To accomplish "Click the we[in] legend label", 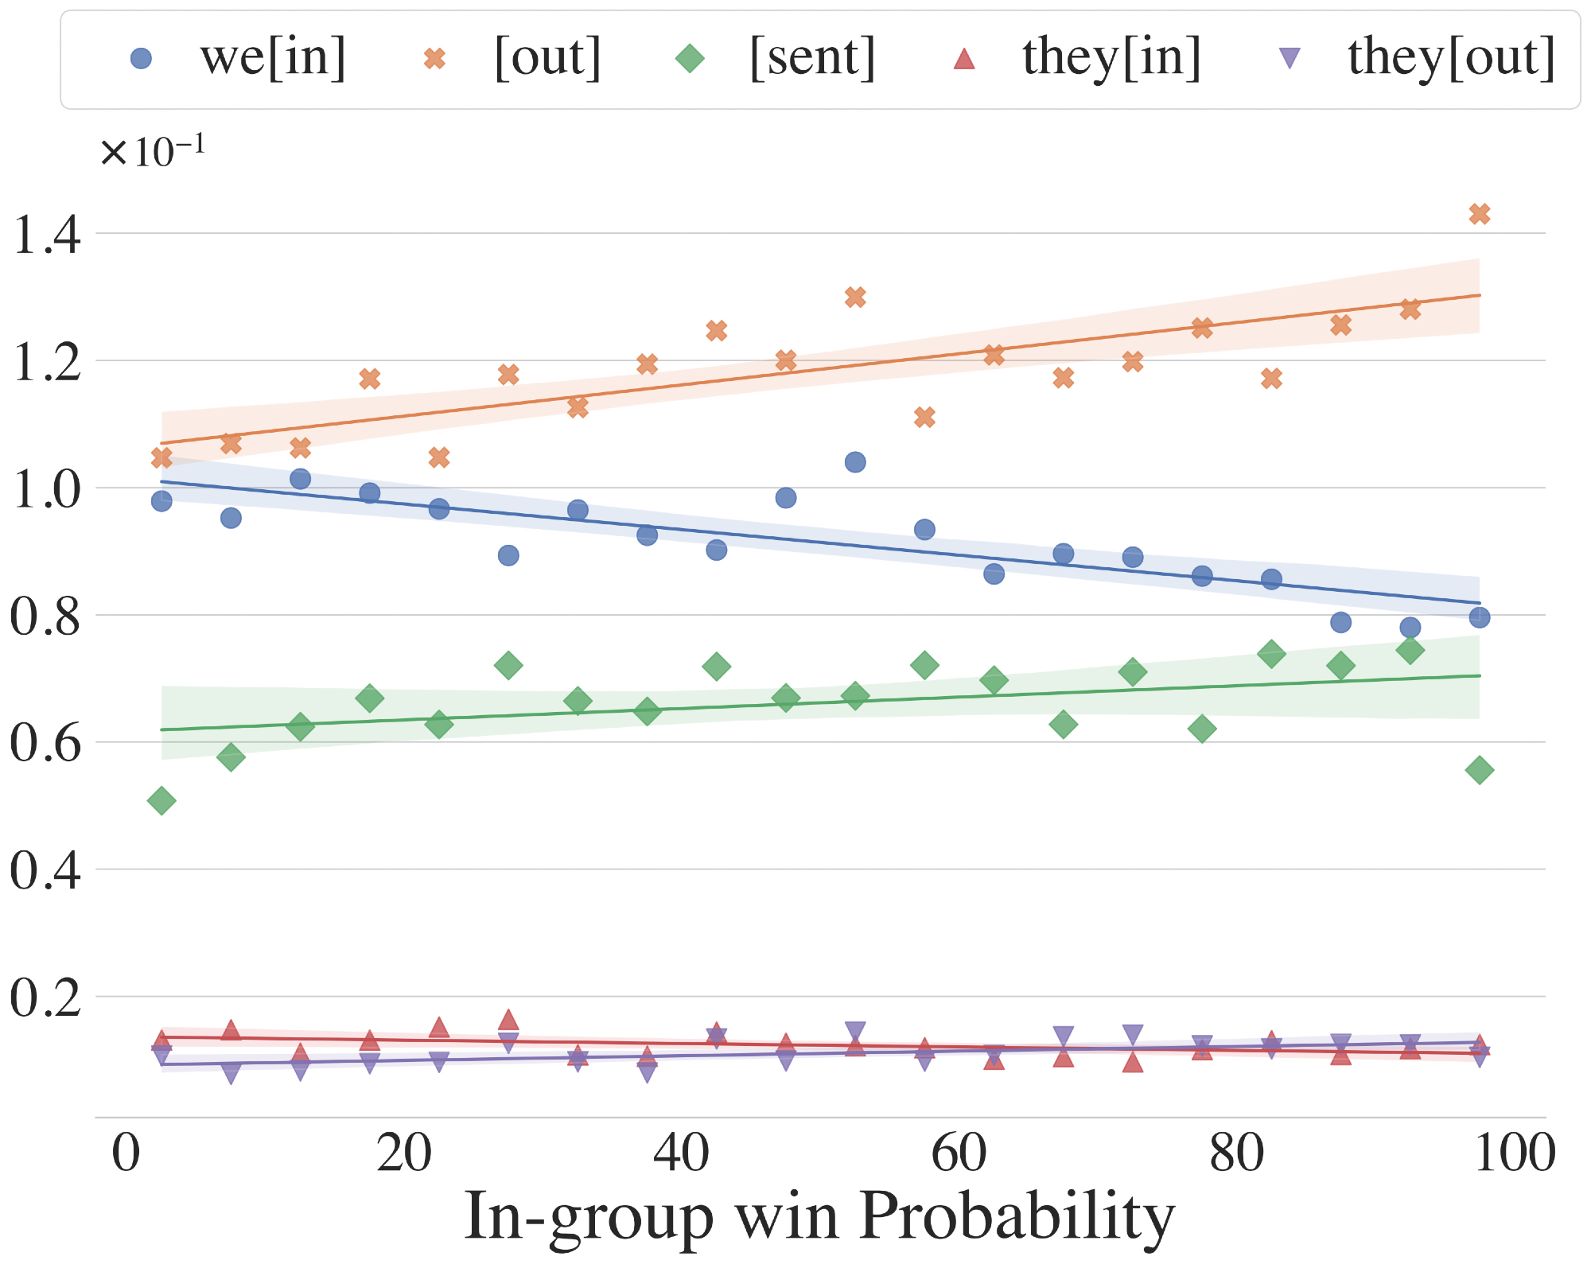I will [x=273, y=58].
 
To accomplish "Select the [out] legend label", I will [x=547, y=58].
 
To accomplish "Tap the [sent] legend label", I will [x=812, y=58].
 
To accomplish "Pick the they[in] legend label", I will [x=1111, y=58].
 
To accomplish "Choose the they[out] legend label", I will [x=1452, y=58].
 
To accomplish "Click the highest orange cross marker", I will [x=1479, y=214].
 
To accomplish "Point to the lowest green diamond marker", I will [x=161, y=801].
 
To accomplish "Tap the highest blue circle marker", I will [x=855, y=462].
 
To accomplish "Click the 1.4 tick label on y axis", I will [x=46, y=235].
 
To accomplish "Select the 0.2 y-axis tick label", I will [x=46, y=998].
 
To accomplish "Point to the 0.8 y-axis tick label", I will [x=46, y=616].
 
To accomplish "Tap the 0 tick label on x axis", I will [x=126, y=1153].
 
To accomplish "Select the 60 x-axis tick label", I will [x=959, y=1153].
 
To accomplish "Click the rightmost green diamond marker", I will [x=1479, y=770].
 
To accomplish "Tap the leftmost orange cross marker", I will [x=161, y=458].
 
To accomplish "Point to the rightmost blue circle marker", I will [x=1479, y=617].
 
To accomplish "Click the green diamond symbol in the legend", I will [x=690, y=58].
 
